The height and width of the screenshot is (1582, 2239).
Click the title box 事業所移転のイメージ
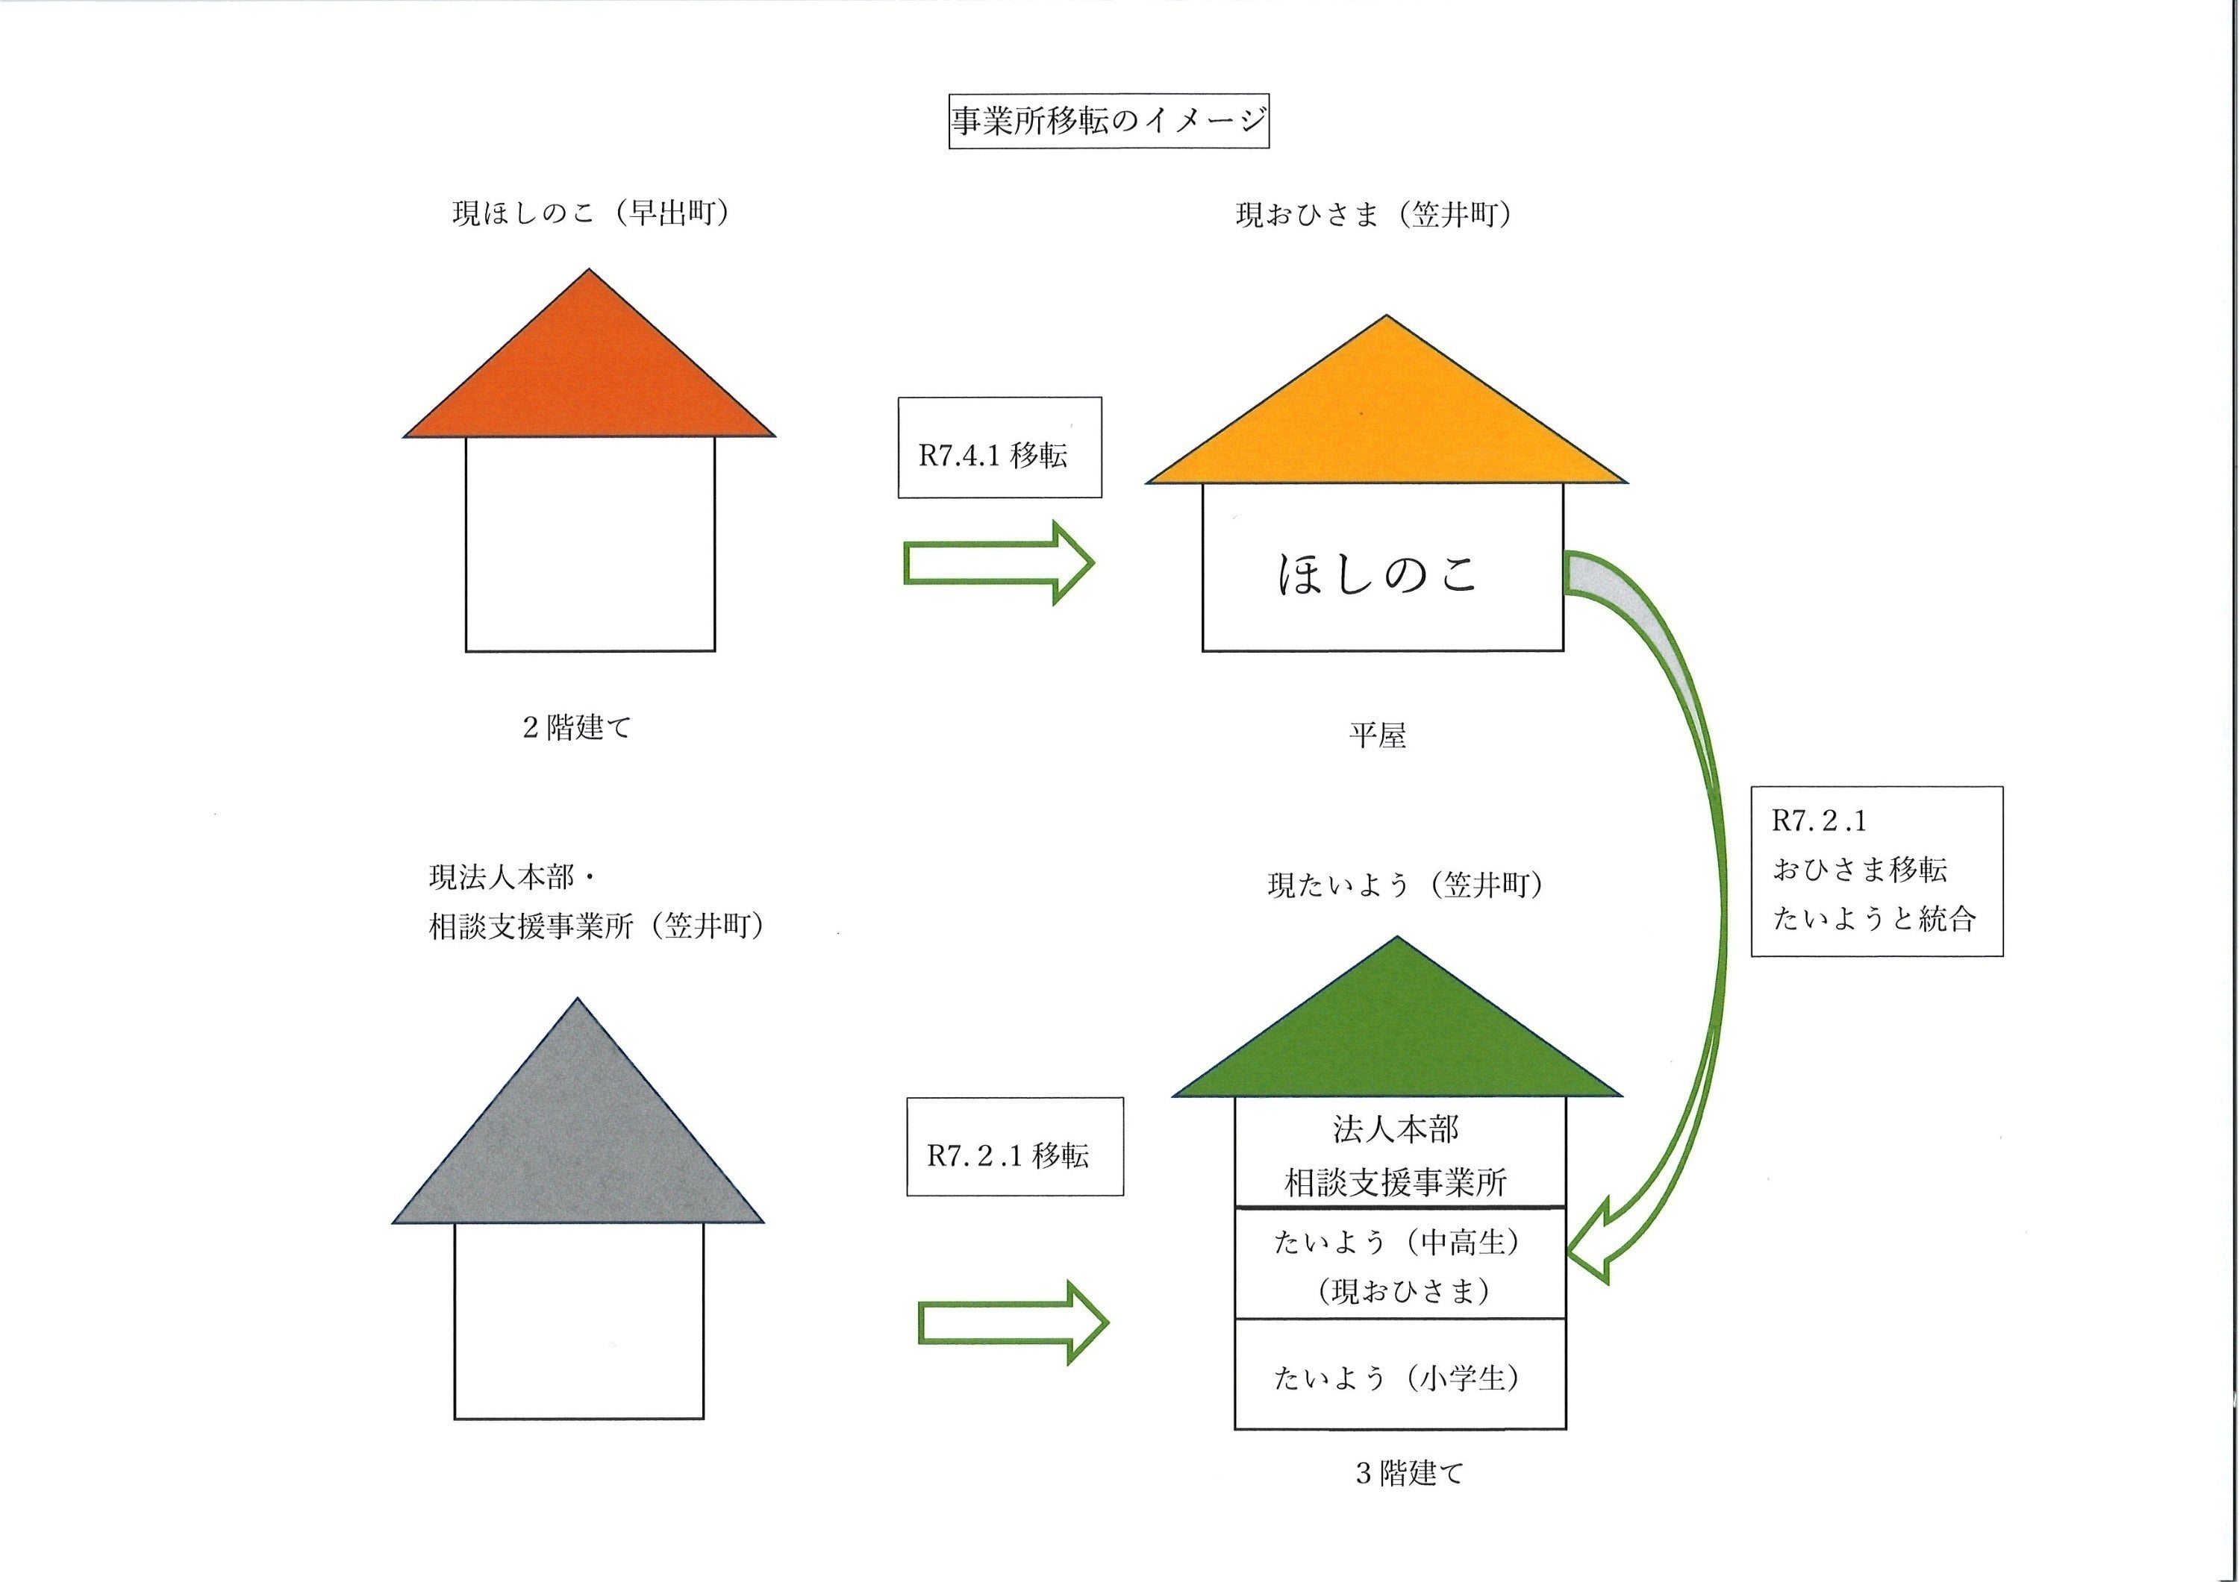(1109, 121)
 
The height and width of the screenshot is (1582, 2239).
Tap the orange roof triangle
(589, 375)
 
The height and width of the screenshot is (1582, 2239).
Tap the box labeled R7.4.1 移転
(999, 448)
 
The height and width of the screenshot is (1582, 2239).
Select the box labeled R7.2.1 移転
(1014, 1146)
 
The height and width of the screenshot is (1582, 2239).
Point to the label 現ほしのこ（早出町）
(591, 213)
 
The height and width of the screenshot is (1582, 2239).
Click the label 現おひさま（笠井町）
(1374, 215)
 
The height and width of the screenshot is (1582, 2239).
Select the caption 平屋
(1377, 735)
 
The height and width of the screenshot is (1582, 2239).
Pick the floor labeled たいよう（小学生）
(1399, 1376)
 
